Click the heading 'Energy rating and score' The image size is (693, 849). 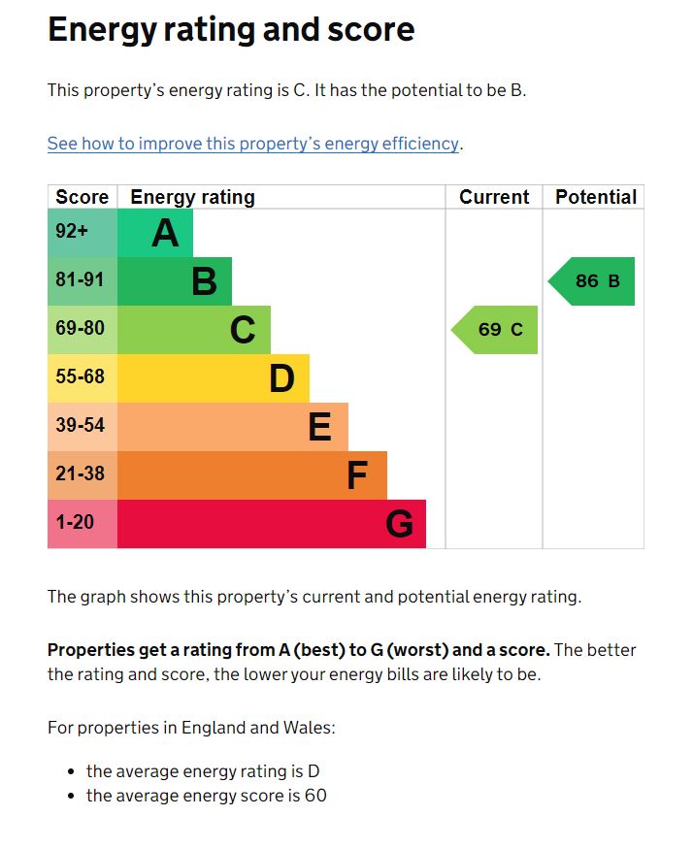pyautogui.click(x=231, y=30)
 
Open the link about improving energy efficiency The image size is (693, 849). pyautogui.click(x=252, y=144)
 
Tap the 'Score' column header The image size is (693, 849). pyautogui.click(x=82, y=197)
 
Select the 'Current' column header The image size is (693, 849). pyautogui.click(x=494, y=197)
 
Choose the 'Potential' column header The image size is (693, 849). pyautogui.click(x=595, y=197)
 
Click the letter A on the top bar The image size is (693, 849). pyautogui.click(x=165, y=233)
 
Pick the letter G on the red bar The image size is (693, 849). pyautogui.click(x=399, y=524)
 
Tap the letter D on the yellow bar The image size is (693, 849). pyautogui.click(x=281, y=378)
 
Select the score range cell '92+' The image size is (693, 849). pyautogui.click(x=72, y=232)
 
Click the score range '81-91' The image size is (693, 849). pyautogui.click(x=80, y=280)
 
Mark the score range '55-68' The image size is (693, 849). pyautogui.click(x=80, y=377)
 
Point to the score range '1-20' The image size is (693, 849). pyautogui.click(x=75, y=523)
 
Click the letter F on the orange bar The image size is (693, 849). pyautogui.click(x=357, y=475)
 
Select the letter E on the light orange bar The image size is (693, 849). pyautogui.click(x=319, y=427)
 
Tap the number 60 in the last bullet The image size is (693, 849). pyautogui.click(x=314, y=797)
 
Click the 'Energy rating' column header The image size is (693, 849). pyautogui.click(x=192, y=197)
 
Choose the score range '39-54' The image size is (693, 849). pyautogui.click(x=80, y=426)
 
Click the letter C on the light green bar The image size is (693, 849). pyautogui.click(x=243, y=330)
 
